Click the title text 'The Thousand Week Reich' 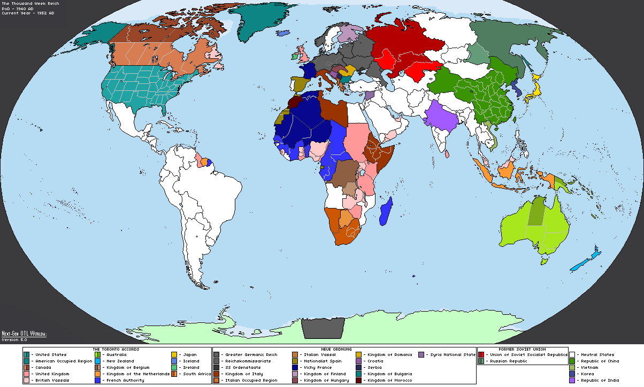coord(30,4)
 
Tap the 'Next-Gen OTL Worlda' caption coord(24,334)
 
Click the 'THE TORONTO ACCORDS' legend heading coord(116,349)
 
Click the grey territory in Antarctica coord(323,328)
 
